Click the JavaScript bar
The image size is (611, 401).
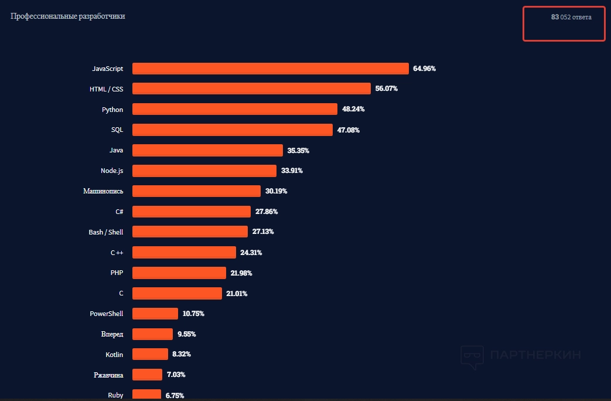click(x=270, y=69)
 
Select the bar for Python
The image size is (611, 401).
click(x=234, y=109)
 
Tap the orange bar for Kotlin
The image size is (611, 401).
click(x=150, y=354)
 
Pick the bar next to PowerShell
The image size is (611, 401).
click(x=155, y=314)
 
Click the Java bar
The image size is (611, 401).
click(x=207, y=150)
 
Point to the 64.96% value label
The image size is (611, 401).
click(x=424, y=69)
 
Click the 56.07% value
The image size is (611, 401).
click(x=387, y=89)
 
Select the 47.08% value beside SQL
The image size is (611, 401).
click(x=349, y=130)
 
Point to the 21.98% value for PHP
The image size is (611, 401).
click(x=241, y=273)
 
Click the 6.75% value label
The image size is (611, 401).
click(x=175, y=395)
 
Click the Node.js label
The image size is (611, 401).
click(x=112, y=171)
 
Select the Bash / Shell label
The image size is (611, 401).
click(x=106, y=232)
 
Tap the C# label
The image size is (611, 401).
click(x=120, y=211)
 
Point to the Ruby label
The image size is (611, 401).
click(x=115, y=395)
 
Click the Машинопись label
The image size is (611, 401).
click(x=104, y=191)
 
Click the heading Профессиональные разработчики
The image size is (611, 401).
click(x=68, y=16)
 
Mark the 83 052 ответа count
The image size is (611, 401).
click(x=571, y=17)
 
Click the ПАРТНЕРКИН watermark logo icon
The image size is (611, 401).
click(x=472, y=355)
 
